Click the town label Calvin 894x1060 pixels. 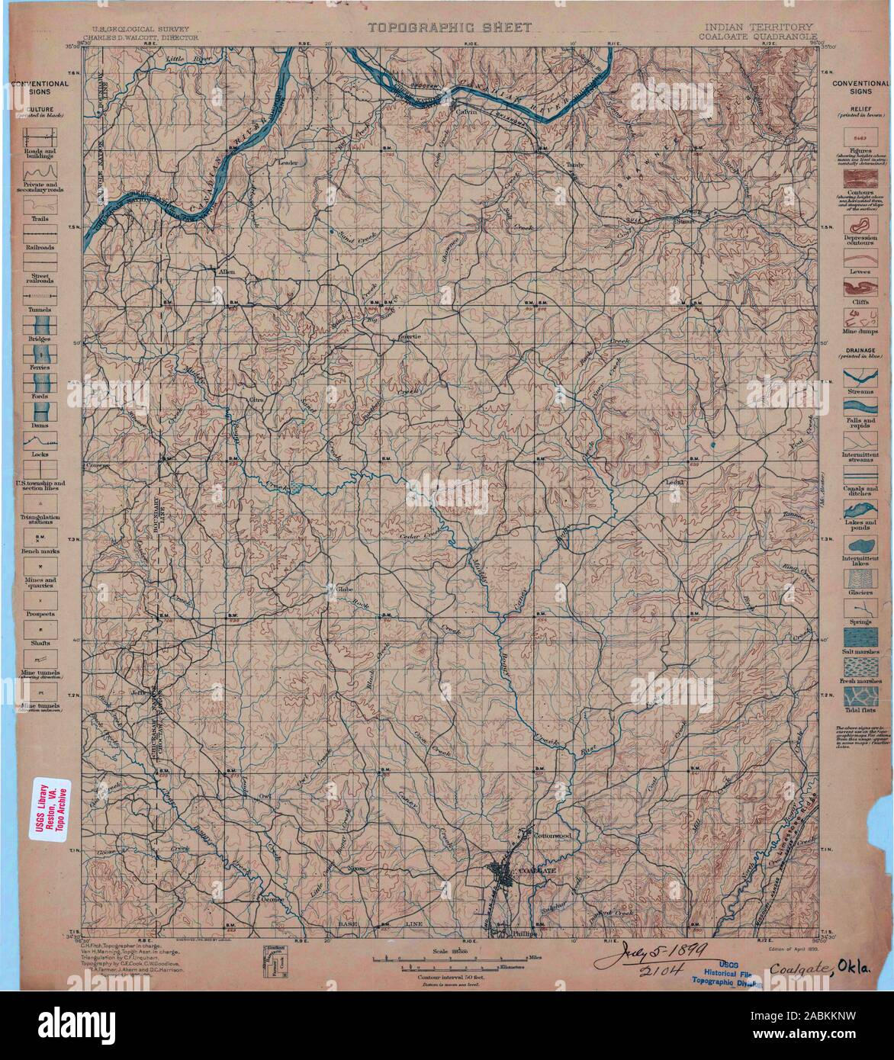click(465, 110)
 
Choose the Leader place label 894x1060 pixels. click(288, 162)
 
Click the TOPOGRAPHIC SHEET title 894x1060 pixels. click(439, 27)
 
